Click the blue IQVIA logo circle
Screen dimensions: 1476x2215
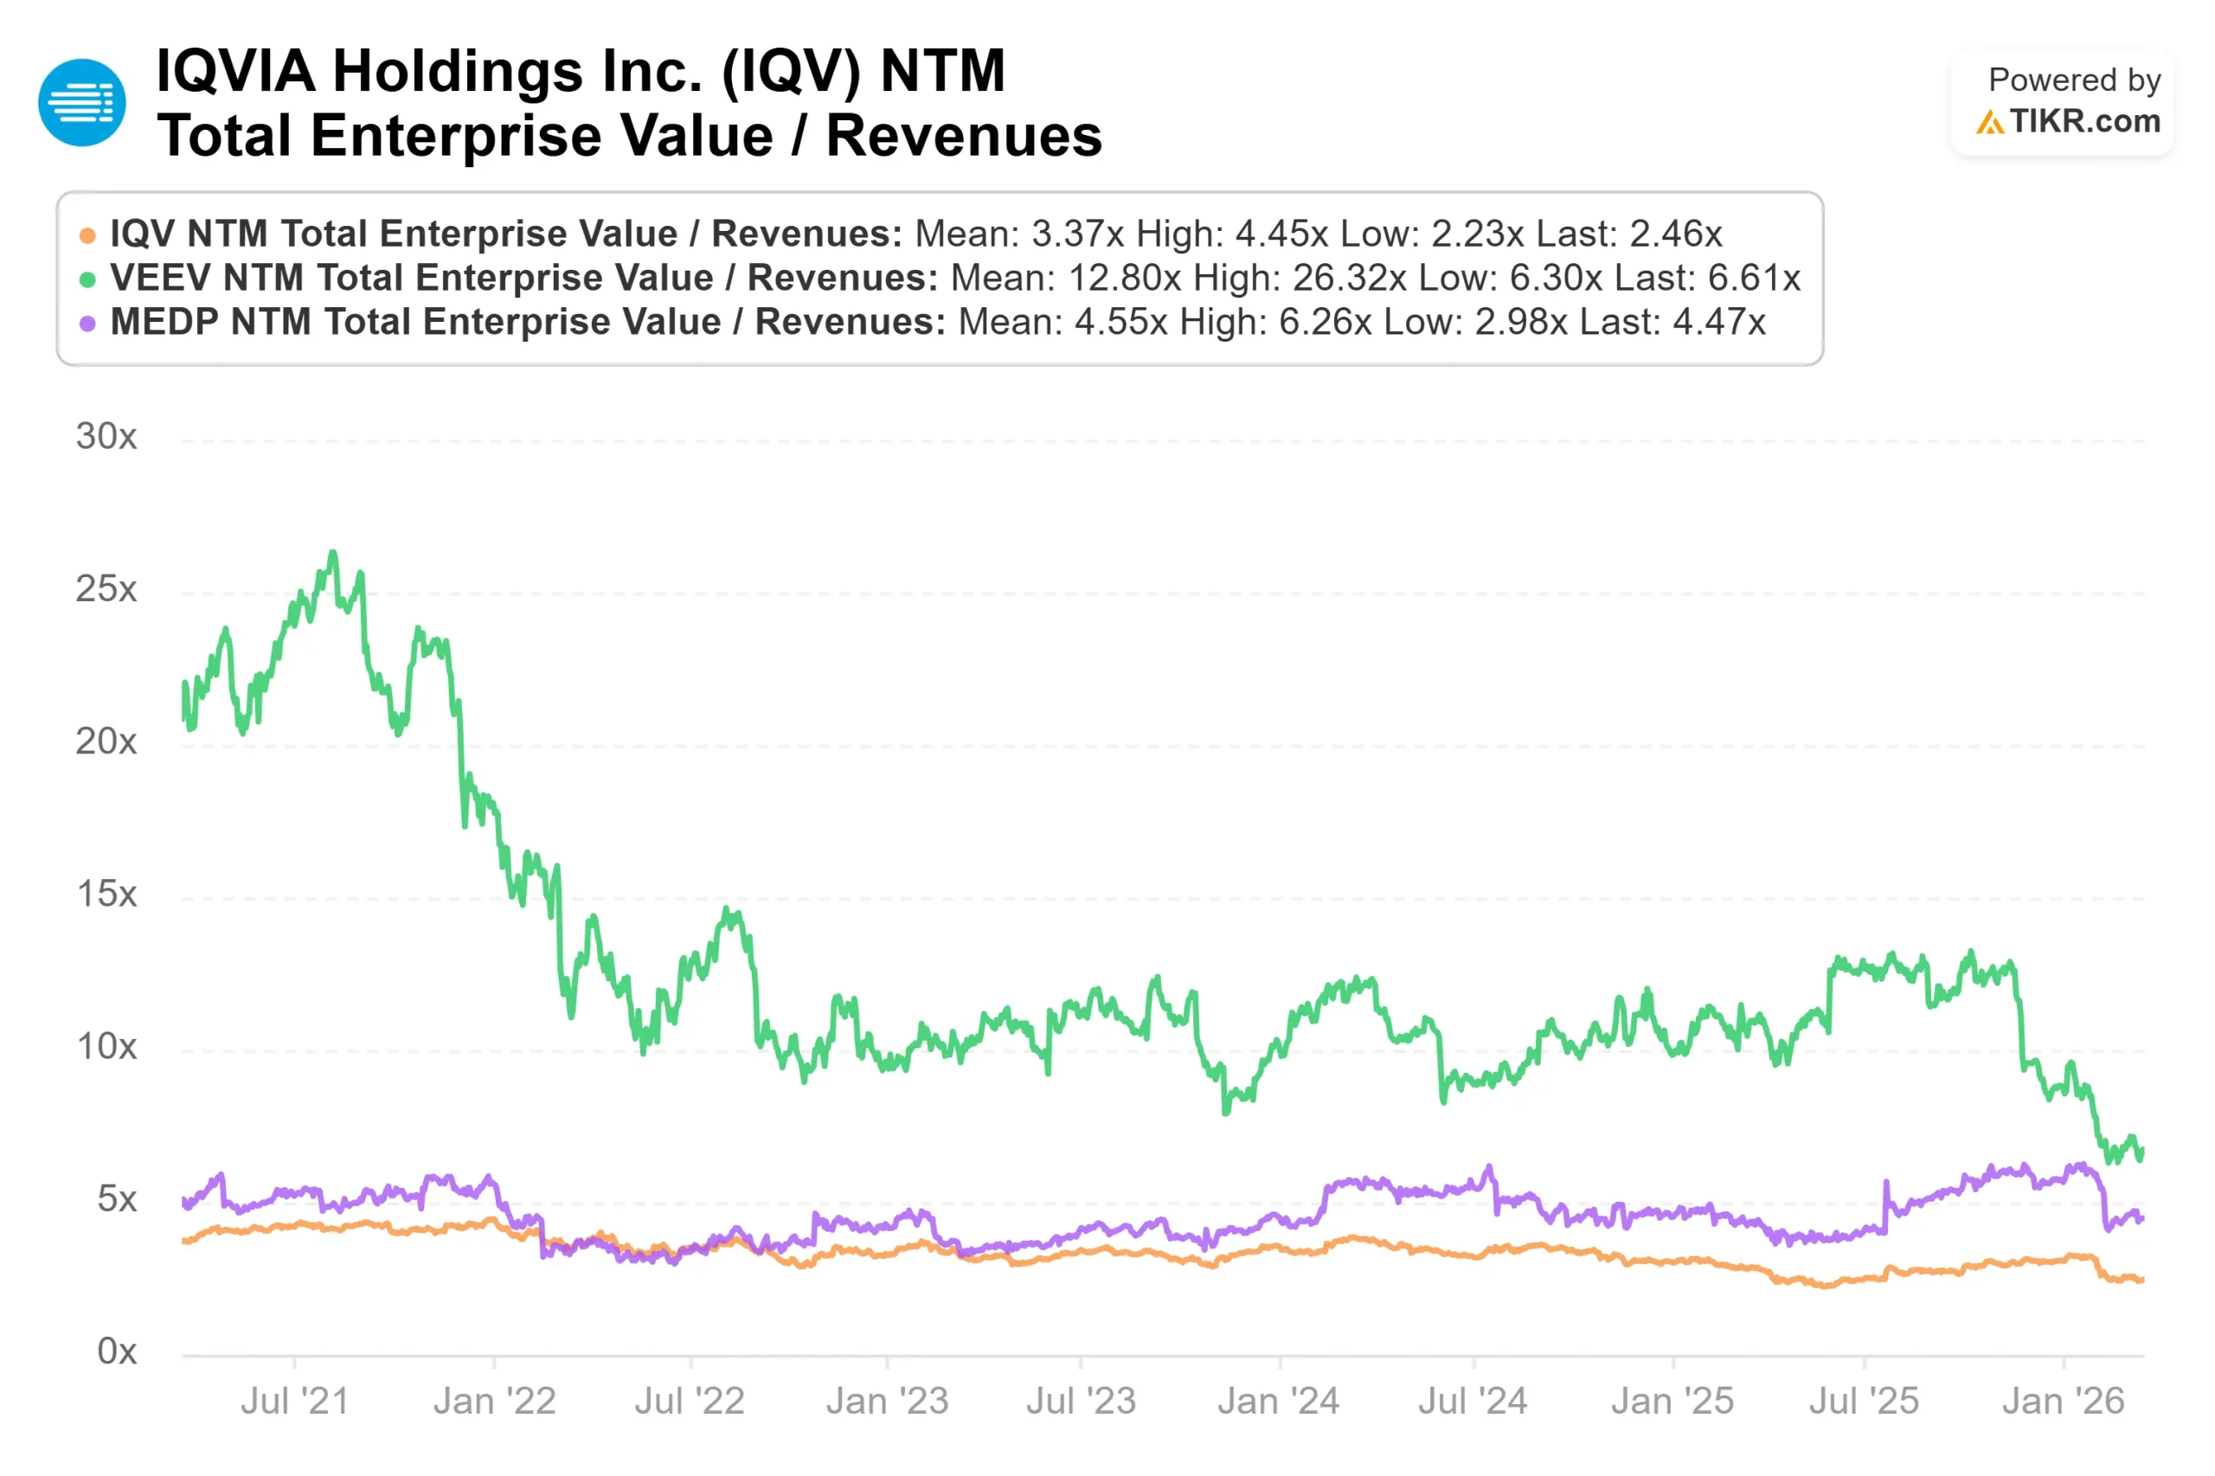pyautogui.click(x=82, y=103)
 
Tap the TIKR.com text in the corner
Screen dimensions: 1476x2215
pyautogui.click(x=2084, y=121)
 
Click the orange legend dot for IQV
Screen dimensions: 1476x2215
pyautogui.click(x=87, y=235)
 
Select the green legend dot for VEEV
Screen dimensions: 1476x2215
pyautogui.click(x=87, y=279)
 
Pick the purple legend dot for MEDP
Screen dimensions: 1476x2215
pyautogui.click(x=87, y=324)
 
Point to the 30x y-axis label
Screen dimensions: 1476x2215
pyautogui.click(x=106, y=437)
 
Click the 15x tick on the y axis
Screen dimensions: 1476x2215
pyautogui.click(x=106, y=895)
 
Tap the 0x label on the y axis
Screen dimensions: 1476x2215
pyautogui.click(x=117, y=1351)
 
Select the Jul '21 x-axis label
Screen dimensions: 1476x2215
pyautogui.click(x=295, y=1402)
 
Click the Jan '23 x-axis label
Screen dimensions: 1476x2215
pyautogui.click(x=887, y=1402)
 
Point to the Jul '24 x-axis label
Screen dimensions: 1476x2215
pyautogui.click(x=1473, y=1402)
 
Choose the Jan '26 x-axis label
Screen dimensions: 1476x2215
pyautogui.click(x=2063, y=1402)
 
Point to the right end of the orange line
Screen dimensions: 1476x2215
pyautogui.click(x=2141, y=1280)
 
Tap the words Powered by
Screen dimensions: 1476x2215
pyautogui.click(x=2074, y=80)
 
